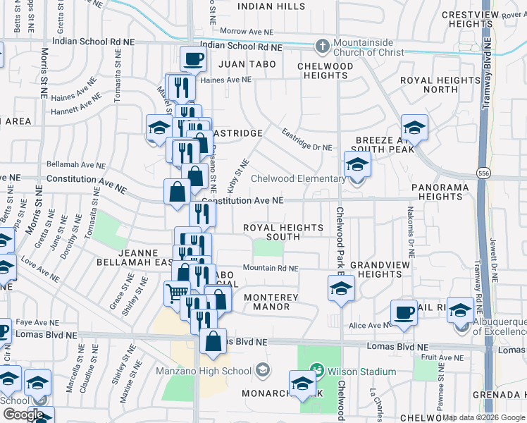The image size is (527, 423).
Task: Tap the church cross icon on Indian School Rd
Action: [x=323, y=47]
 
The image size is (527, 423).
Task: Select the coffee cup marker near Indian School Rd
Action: [x=193, y=59]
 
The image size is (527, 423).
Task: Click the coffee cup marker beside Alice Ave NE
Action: [x=404, y=312]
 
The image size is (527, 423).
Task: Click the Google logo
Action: [x=23, y=415]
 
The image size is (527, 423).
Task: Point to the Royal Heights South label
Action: [x=283, y=232]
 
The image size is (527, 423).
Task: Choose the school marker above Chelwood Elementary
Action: [x=357, y=164]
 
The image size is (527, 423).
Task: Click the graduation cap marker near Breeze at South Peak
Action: [x=415, y=128]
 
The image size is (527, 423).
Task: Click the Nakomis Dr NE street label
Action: [x=410, y=221]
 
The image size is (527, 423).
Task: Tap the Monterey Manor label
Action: [x=271, y=302]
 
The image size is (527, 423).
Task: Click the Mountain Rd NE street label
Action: [x=271, y=268]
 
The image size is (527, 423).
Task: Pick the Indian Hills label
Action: [x=271, y=6]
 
